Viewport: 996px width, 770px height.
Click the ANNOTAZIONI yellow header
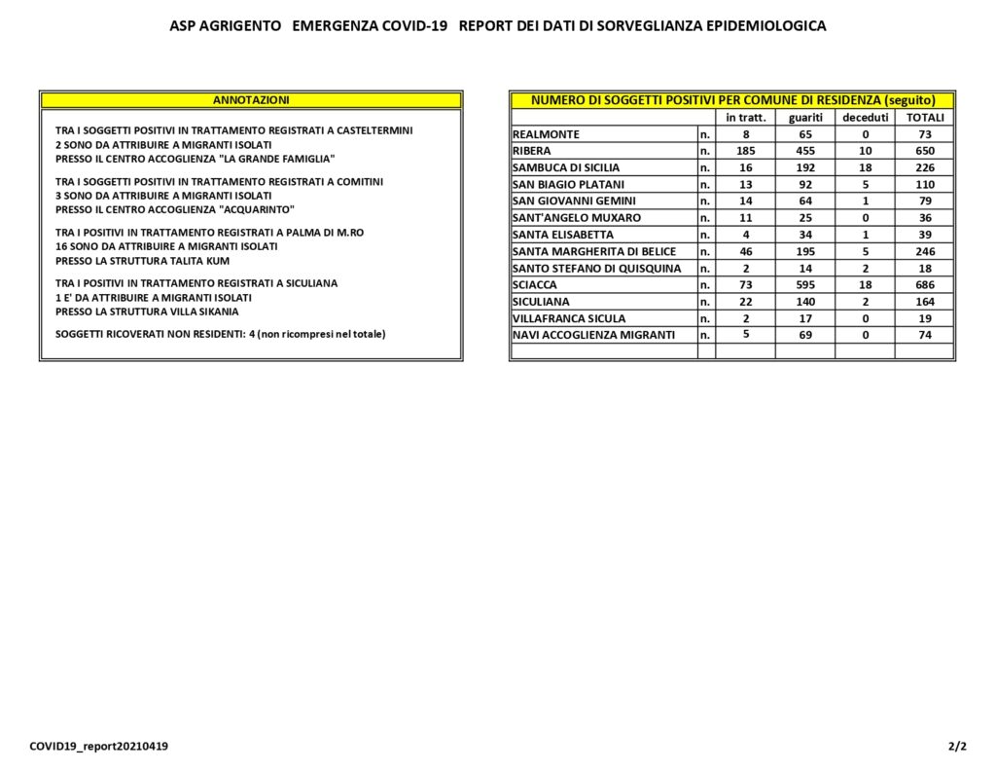point(251,99)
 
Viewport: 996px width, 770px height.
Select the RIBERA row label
point(531,151)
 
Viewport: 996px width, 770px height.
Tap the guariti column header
point(805,118)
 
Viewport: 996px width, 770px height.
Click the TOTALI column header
point(925,118)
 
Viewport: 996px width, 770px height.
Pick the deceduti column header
point(865,118)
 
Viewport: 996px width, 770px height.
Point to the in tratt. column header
point(746,118)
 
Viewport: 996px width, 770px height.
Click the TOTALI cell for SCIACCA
point(925,285)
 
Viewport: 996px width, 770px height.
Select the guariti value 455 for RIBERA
point(805,151)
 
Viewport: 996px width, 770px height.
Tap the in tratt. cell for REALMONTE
point(746,134)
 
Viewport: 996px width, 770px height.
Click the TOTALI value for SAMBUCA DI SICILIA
point(925,167)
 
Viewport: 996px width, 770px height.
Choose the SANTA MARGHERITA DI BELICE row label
point(593,251)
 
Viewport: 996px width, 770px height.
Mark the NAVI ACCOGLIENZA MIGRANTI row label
point(592,335)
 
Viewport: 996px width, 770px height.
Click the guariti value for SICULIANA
point(805,302)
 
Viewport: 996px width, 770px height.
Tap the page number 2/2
point(957,747)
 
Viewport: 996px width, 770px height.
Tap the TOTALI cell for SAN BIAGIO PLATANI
point(925,184)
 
